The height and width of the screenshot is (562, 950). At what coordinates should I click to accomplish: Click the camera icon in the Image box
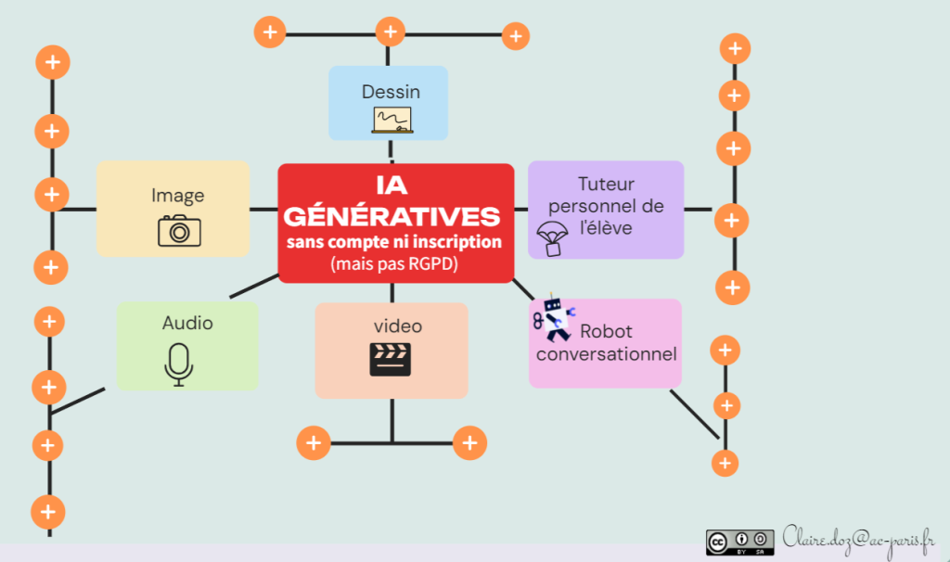179,230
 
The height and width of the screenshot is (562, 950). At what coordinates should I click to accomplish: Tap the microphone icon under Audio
178,363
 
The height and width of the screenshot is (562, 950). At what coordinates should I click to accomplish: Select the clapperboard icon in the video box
390,359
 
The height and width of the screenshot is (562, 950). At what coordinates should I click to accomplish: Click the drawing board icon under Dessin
392,120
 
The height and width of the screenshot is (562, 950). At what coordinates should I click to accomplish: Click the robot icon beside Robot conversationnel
553,317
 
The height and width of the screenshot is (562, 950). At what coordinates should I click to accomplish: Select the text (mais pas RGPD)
392,262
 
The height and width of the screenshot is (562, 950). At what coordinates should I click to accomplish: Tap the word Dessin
391,92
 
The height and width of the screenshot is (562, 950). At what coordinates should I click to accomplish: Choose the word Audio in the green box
187,323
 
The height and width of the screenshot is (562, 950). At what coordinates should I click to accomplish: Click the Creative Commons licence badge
739,542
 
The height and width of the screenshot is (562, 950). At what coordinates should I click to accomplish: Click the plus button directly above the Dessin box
391,32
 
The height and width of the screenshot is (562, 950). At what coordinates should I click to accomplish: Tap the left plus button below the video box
314,442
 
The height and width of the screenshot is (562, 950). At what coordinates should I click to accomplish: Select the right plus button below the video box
469,442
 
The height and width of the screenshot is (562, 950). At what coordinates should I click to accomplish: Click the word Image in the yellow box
178,196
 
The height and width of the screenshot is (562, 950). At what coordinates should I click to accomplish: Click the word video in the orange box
398,326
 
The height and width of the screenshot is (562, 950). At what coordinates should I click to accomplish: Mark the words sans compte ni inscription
394,241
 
